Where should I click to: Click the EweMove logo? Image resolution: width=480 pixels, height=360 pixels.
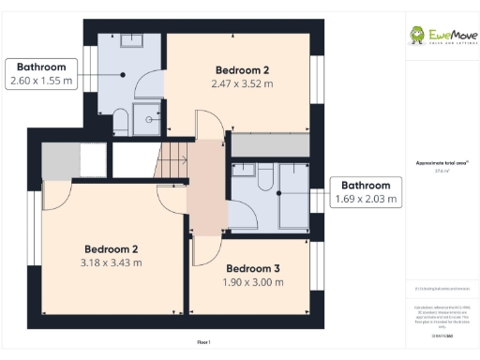pyautogui.click(x=441, y=37)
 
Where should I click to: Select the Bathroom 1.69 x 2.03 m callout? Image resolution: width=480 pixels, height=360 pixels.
pyautogui.click(x=366, y=192)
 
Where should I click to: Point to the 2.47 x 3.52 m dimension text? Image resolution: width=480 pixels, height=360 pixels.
pyautogui.click(x=243, y=84)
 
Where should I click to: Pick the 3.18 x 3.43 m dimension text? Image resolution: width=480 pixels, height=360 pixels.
pyautogui.click(x=112, y=262)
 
